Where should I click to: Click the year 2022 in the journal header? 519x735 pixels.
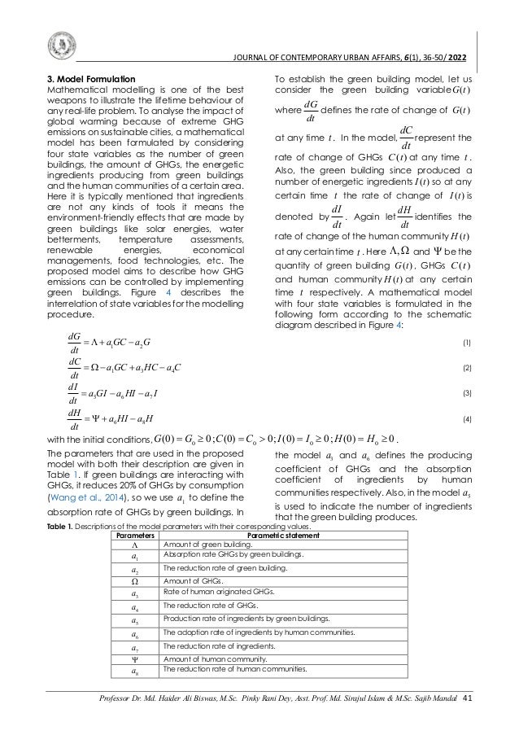(x=456, y=57)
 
